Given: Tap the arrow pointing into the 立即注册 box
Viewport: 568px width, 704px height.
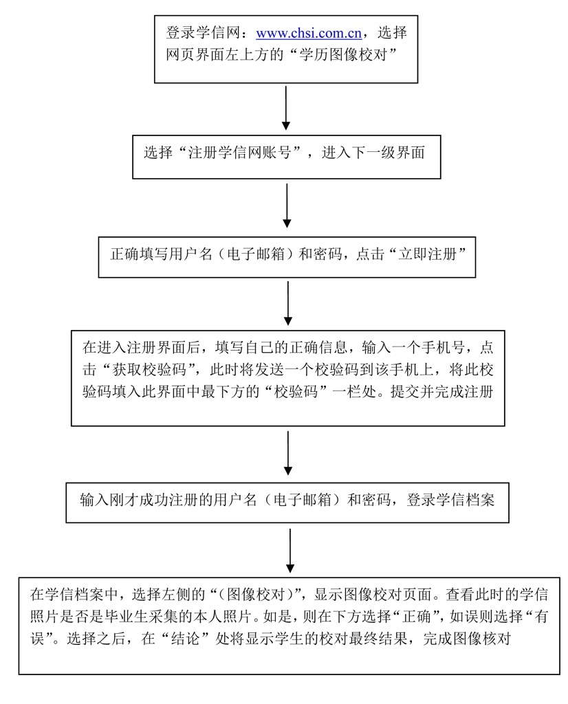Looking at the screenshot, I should (x=287, y=206).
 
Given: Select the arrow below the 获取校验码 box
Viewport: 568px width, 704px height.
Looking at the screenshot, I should (x=287, y=454).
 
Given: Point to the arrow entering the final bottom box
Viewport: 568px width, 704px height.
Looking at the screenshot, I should (x=290, y=550).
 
